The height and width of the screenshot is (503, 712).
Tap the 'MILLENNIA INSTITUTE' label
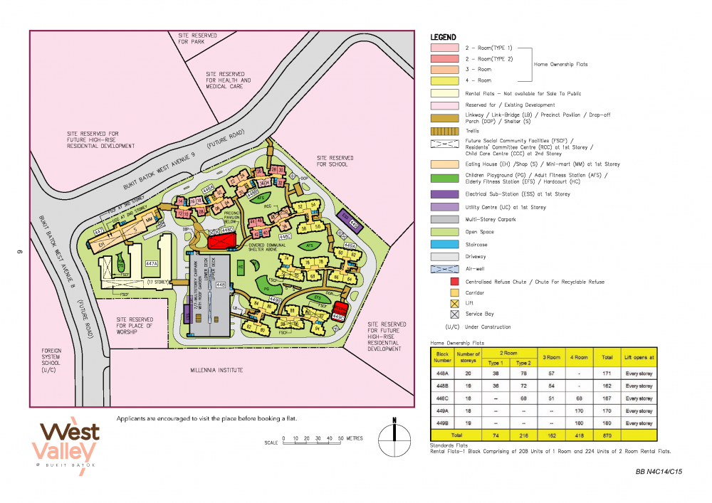click(216, 370)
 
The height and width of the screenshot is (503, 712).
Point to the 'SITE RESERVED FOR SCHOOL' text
click(335, 161)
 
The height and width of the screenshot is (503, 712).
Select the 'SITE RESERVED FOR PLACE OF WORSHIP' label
click(135, 326)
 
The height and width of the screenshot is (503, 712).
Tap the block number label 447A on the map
click(151, 263)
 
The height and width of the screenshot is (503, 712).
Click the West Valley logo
click(68, 442)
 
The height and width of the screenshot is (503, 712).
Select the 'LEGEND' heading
click(443, 37)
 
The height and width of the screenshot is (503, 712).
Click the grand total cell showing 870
click(607, 435)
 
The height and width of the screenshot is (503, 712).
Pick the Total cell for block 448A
click(607, 374)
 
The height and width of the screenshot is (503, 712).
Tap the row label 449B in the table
click(443, 423)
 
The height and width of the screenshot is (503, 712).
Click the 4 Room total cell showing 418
click(581, 435)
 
